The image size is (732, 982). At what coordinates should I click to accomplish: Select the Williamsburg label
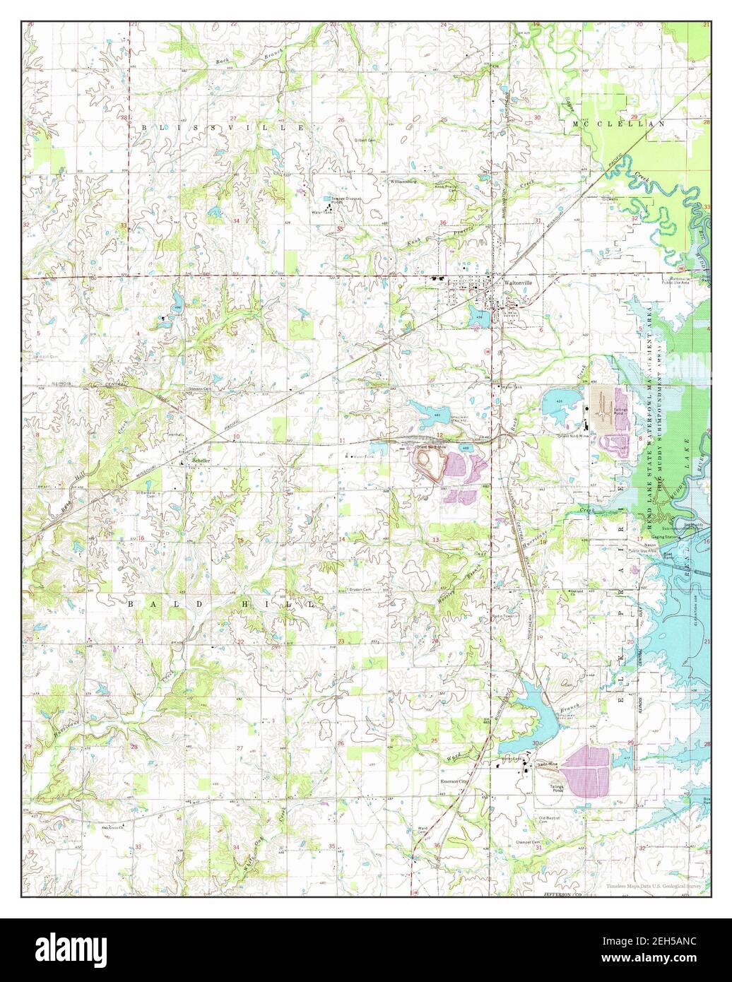pyautogui.click(x=403, y=182)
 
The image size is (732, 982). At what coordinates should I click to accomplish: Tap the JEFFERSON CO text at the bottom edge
pyautogui.click(x=561, y=894)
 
